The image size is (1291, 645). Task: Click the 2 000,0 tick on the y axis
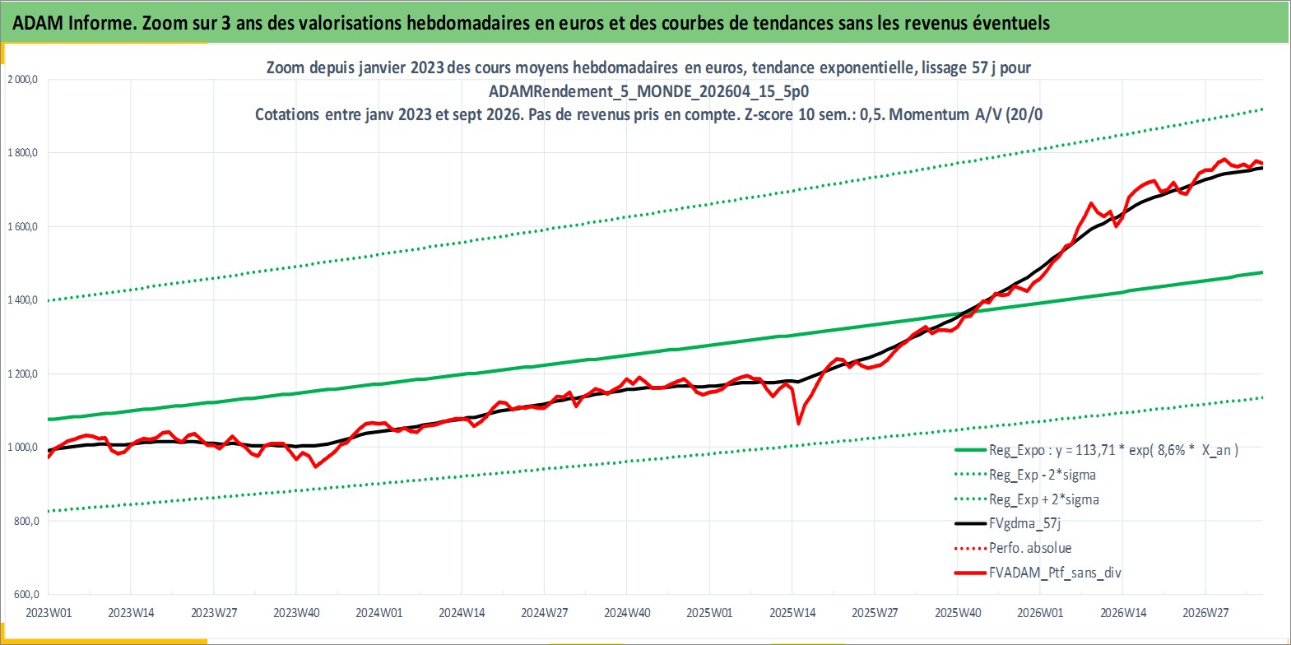pos(22,80)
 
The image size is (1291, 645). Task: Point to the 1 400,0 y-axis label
pos(22,299)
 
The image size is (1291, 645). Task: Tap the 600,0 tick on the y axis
pos(26,594)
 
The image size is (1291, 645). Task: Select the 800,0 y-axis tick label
pos(26,521)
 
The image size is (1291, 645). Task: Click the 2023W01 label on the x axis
pos(49,612)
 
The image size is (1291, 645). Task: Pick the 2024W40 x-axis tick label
pos(627,612)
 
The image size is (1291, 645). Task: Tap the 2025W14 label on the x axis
pos(792,612)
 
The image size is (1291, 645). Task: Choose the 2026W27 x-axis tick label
pos(1205,612)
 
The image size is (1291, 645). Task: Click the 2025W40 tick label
pos(958,612)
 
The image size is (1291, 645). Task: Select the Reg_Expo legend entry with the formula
pos(1096,450)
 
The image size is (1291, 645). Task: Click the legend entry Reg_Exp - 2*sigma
pos(1025,475)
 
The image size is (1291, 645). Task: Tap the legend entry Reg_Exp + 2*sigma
pos(1027,499)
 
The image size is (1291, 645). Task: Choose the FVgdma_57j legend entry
pos(1007,523)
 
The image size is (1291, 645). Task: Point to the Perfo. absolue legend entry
pos(1013,548)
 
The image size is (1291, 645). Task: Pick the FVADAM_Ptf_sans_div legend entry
pos(1038,573)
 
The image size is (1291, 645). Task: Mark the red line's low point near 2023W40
pos(315,466)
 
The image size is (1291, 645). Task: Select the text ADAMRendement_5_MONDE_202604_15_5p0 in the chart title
pos(648,91)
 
